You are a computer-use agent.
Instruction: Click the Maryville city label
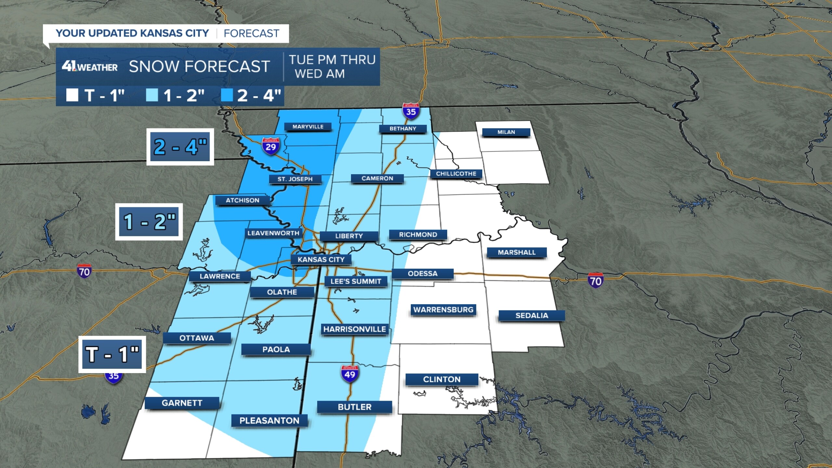(308, 127)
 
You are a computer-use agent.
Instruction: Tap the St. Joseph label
(295, 179)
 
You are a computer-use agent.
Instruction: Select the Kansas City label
(321, 259)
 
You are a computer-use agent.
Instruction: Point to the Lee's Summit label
(356, 281)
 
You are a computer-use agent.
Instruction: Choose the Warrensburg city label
(443, 310)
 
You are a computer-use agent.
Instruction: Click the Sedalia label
(532, 316)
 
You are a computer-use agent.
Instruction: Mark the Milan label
(506, 132)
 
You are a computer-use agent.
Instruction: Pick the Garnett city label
(182, 403)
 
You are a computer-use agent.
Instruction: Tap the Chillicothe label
(456, 174)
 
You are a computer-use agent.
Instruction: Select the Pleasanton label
(269, 421)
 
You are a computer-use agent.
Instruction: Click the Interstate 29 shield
(270, 146)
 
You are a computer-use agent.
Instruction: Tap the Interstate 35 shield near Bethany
(411, 111)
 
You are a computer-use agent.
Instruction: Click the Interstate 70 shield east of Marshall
(595, 280)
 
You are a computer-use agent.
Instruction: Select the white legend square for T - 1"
(72, 95)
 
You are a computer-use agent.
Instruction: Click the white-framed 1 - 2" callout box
(149, 222)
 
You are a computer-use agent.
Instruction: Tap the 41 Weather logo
(90, 67)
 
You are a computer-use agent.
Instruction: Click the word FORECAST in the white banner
(251, 33)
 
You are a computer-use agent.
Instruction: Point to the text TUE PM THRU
(332, 60)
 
